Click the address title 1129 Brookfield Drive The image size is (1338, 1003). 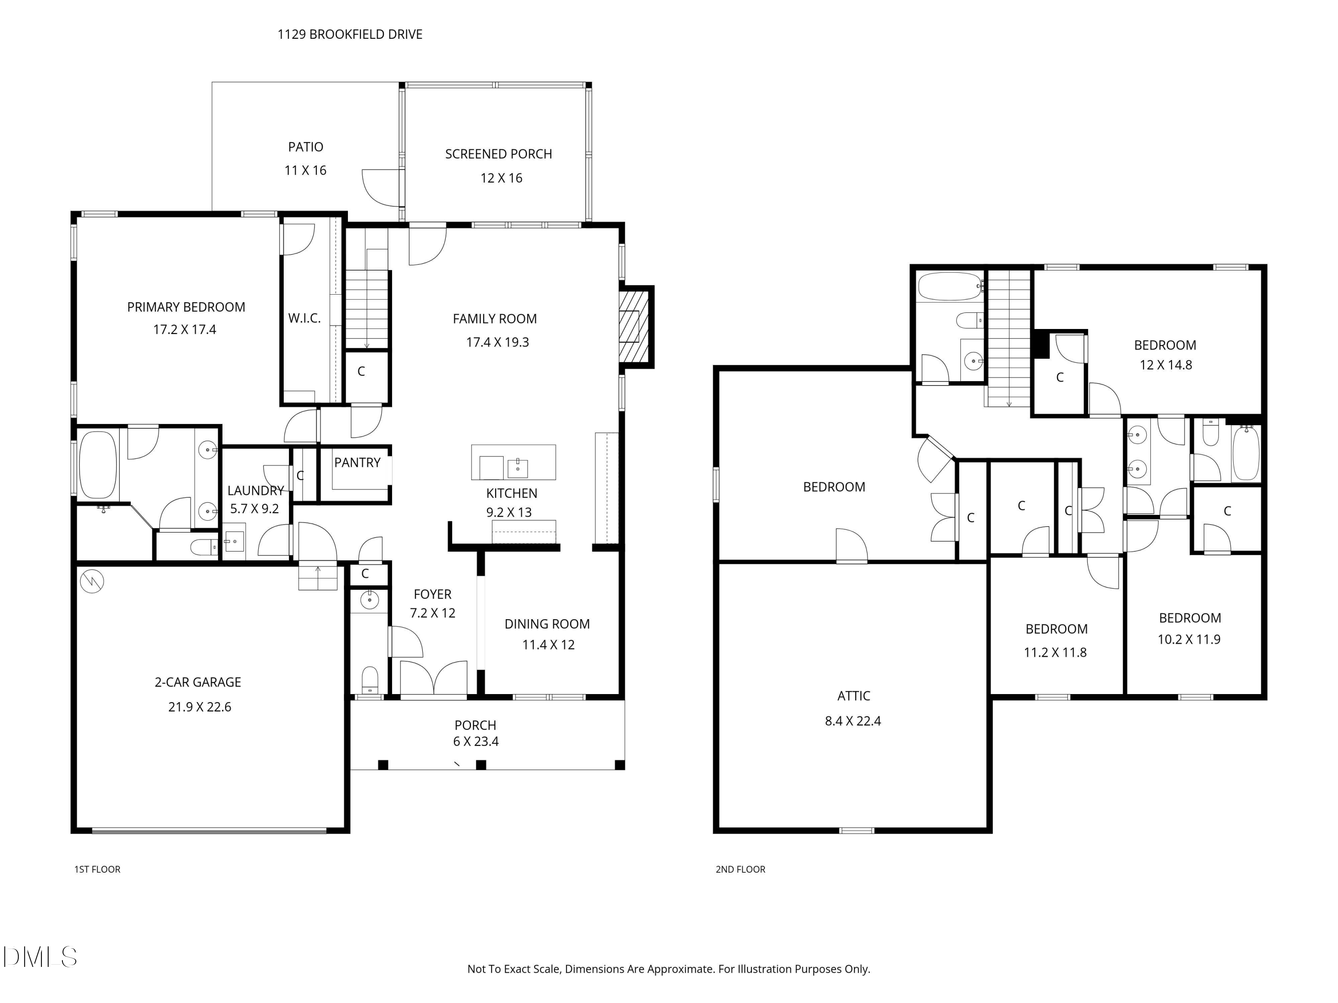[350, 34]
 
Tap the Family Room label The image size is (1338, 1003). [495, 319]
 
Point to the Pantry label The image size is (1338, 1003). [358, 463]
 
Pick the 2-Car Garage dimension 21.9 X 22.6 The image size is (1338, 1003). [200, 707]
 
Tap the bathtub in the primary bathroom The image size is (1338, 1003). [97, 464]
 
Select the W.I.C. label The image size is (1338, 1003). [304, 318]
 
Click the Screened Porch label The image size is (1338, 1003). [499, 154]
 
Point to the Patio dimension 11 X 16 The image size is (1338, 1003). [306, 170]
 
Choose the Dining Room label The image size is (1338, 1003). [547, 624]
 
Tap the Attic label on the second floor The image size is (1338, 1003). [854, 696]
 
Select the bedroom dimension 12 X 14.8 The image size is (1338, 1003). [1165, 365]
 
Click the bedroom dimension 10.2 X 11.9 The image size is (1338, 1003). [1189, 640]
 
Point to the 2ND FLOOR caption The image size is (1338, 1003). [740, 869]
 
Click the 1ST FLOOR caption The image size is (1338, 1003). [97, 869]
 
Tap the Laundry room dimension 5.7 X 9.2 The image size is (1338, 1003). [255, 509]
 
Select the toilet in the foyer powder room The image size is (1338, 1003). [370, 680]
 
